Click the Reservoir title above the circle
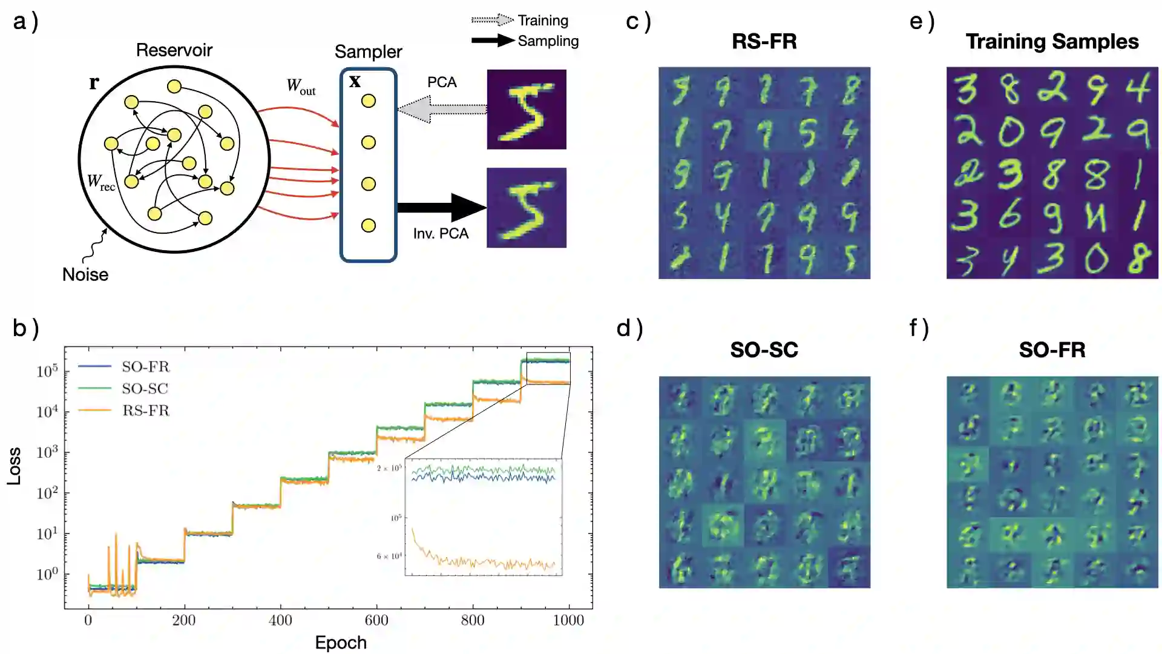click(x=174, y=50)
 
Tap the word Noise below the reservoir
click(x=85, y=274)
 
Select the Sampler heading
click(x=368, y=51)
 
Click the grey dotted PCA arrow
click(x=442, y=109)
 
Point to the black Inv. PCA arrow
click(x=442, y=208)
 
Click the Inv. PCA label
click(x=441, y=234)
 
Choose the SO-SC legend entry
click(x=145, y=388)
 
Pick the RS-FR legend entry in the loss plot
click(x=145, y=411)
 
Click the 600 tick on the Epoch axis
click(x=376, y=620)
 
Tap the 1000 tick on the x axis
click(x=568, y=620)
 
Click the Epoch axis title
click(x=341, y=642)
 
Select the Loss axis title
click(x=14, y=466)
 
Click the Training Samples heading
click(x=1052, y=41)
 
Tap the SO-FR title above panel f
click(x=1052, y=349)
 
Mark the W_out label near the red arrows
click(x=301, y=87)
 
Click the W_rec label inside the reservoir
click(x=100, y=182)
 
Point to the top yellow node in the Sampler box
click(x=369, y=101)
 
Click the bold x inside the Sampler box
click(x=355, y=81)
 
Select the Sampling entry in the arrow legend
click(x=548, y=41)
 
